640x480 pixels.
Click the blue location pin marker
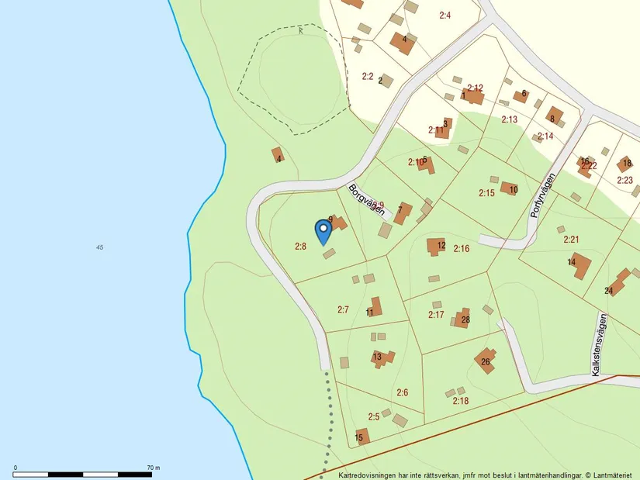323,231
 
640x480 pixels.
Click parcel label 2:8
301,246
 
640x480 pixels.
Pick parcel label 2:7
343,309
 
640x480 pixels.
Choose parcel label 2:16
462,248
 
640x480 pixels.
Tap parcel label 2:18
460,400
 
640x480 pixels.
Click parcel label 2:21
572,240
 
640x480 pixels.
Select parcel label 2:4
445,15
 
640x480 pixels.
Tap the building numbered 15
362,437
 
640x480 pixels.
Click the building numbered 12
437,247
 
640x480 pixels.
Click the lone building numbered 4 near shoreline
278,155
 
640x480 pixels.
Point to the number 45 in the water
99,247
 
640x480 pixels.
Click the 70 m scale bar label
153,468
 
